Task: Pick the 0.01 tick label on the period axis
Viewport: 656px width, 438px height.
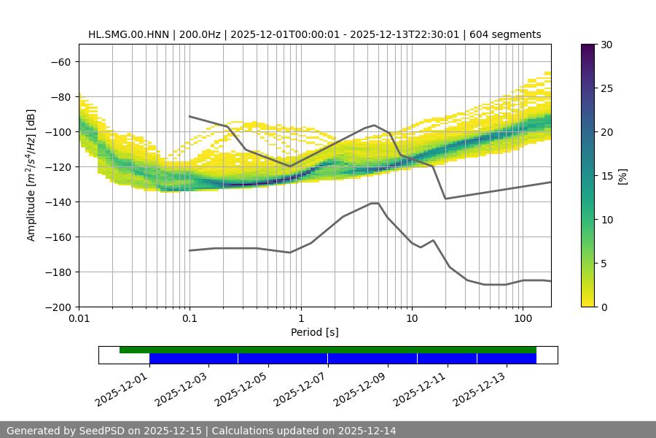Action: tap(79, 319)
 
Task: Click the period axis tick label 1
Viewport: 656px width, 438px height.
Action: tap(300, 319)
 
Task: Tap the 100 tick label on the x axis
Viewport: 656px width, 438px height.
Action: tap(522, 319)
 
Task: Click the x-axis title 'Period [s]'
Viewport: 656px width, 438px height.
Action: tap(314, 332)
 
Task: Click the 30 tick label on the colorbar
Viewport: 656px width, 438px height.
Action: tap(606, 45)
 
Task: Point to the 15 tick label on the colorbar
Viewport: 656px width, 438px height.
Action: tap(606, 176)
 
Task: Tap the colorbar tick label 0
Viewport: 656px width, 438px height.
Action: tap(603, 307)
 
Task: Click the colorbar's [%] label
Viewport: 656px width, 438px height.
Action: tap(622, 176)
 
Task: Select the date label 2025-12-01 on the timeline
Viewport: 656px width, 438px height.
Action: tap(121, 388)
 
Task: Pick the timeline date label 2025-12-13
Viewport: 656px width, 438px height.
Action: tap(478, 388)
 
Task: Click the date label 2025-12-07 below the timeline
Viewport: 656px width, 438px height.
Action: tap(300, 388)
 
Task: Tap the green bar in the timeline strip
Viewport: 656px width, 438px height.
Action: tap(328, 350)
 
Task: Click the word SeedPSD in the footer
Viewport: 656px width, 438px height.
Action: tap(101, 431)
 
